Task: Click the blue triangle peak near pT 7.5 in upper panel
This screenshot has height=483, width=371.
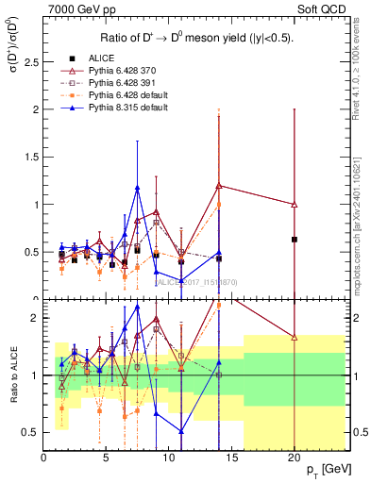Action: tap(138, 188)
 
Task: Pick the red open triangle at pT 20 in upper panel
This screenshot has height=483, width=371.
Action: tap(295, 205)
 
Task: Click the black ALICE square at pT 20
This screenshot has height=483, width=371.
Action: tap(295, 240)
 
